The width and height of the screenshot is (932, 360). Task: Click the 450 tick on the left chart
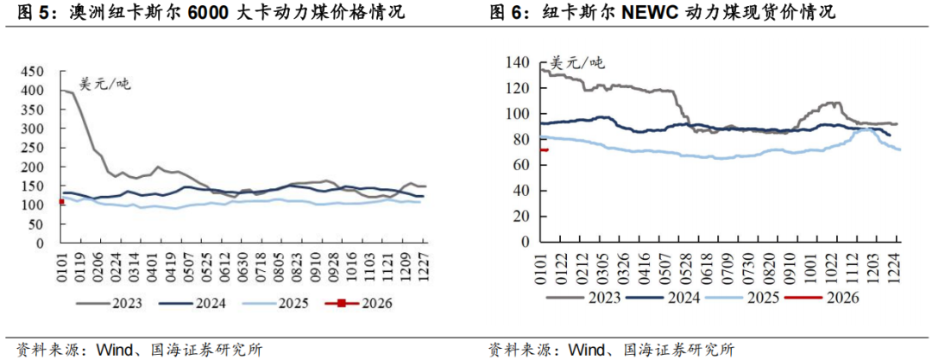pos(33,71)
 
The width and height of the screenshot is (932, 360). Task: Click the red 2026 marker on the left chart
pos(61,202)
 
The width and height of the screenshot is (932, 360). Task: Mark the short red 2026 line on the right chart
pos(545,149)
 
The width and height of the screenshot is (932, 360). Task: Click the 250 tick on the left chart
pos(33,148)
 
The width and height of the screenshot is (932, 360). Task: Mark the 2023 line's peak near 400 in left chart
pos(64,90)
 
